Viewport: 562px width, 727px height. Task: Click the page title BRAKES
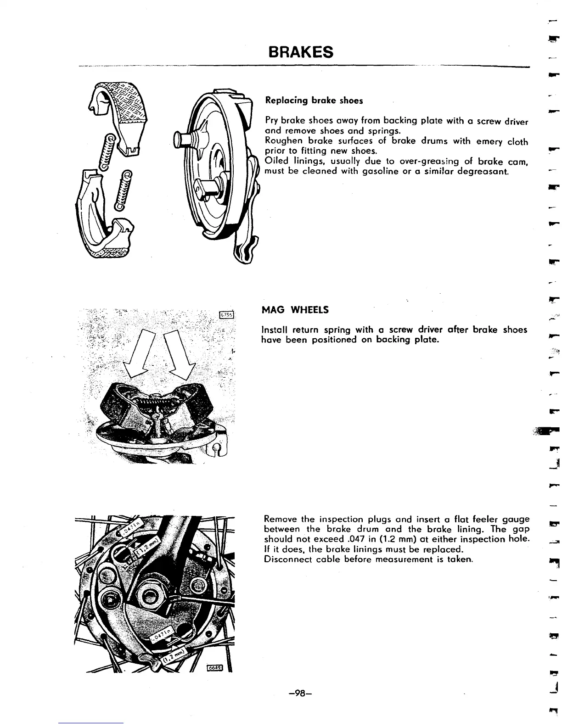click(301, 52)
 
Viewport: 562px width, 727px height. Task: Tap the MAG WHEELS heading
click(295, 310)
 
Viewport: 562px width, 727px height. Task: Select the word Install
click(275, 330)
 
